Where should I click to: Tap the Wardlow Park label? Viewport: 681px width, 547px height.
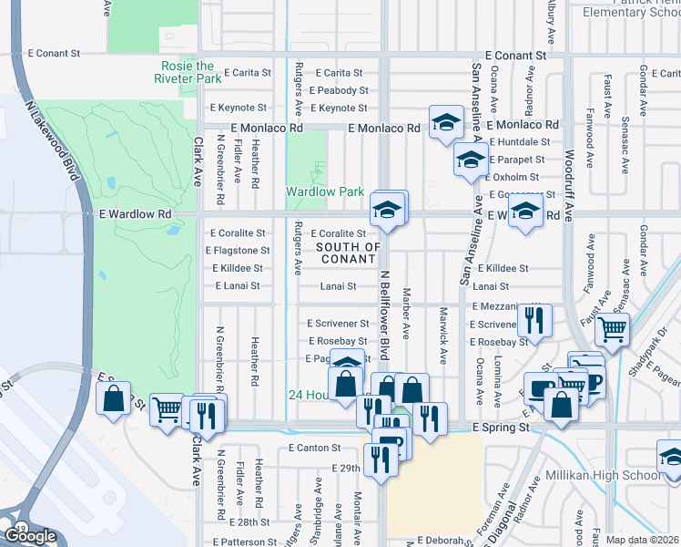pyautogui.click(x=325, y=191)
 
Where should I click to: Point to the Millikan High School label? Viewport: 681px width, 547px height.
pyautogui.click(x=602, y=476)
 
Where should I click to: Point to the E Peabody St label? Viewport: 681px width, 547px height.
pyautogui.click(x=339, y=90)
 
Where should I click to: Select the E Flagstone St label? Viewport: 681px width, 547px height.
pyautogui.click(x=238, y=250)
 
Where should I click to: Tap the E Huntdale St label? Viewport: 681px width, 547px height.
pyautogui.click(x=520, y=141)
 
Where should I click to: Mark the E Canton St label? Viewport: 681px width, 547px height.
pyautogui.click(x=313, y=448)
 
